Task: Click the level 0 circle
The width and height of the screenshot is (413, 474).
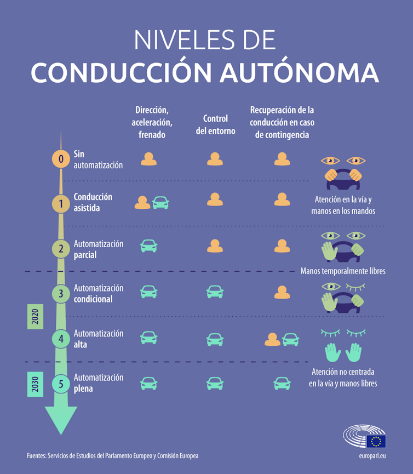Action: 61,159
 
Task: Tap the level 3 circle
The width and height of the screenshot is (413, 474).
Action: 61,293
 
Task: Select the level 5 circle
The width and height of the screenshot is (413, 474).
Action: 61,383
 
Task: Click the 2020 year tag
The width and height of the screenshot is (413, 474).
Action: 35,317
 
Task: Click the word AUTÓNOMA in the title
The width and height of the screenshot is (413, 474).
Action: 300,73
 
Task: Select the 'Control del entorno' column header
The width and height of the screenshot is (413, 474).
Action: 215,124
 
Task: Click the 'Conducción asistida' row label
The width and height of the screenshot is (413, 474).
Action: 93,202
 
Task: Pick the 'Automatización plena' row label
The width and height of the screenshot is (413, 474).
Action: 99,383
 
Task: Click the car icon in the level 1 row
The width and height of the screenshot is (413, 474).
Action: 160,203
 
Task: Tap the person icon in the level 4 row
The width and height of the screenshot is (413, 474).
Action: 272,340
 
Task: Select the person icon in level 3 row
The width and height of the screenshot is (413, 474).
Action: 282,292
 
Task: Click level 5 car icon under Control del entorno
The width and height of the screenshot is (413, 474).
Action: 215,384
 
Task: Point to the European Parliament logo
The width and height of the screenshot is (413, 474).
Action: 365,438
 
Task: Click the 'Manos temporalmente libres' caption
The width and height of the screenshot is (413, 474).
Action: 343,271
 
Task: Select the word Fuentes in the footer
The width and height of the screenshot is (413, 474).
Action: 36,456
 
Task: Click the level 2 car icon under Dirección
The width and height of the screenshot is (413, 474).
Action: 149,246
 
